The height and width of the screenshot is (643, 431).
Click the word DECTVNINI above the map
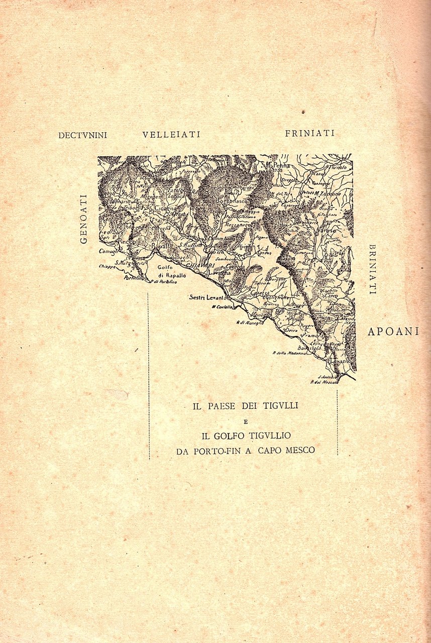83,135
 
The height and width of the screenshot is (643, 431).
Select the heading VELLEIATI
171,134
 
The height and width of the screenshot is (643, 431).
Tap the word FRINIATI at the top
309,133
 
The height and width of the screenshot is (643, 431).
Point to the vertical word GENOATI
83,219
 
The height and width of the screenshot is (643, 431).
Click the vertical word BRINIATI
372,269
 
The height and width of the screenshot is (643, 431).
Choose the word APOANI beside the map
393,332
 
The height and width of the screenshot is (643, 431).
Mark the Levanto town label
340,361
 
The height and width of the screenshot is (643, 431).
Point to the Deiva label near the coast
291,330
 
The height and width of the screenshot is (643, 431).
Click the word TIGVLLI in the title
280,406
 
